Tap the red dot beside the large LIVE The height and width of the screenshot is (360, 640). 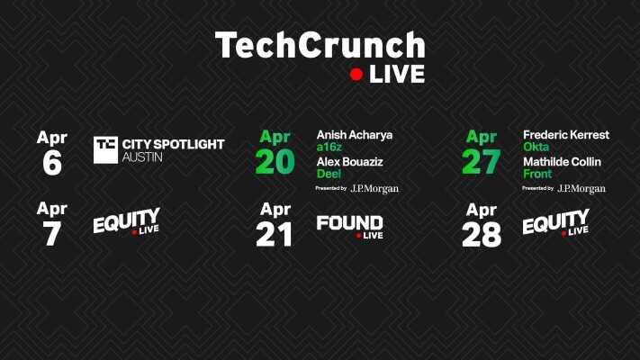tap(356, 76)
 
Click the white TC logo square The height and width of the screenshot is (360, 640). tap(105, 149)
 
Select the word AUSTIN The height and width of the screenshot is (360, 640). tap(142, 157)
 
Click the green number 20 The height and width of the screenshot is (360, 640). tap(275, 161)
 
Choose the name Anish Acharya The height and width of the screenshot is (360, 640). tap(354, 135)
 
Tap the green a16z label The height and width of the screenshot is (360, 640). tap(330, 148)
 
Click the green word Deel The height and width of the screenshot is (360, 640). tap(328, 175)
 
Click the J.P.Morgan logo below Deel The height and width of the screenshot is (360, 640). tap(374, 189)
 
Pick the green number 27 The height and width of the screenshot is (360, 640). tap(481, 161)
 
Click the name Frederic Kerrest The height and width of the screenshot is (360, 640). tap(565, 135)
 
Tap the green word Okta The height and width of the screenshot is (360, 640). tap(536, 148)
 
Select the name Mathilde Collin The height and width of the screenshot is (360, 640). tap(562, 162)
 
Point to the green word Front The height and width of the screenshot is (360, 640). tap(537, 175)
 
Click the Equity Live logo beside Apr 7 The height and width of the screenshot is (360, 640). tap(126, 222)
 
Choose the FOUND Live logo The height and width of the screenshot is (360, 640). tap(349, 225)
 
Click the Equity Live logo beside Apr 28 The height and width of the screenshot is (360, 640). tap(555, 222)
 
